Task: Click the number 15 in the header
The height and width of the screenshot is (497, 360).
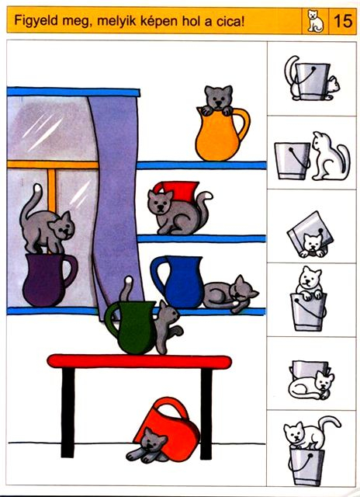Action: (343, 21)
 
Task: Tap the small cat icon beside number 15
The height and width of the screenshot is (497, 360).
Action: (315, 21)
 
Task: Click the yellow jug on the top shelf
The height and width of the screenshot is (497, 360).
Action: (220, 134)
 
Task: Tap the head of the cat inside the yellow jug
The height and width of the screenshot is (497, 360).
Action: (218, 96)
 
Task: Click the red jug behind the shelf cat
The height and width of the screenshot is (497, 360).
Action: (178, 191)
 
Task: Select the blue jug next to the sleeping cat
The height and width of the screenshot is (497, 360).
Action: (180, 281)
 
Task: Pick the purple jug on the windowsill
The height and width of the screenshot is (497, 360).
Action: (48, 280)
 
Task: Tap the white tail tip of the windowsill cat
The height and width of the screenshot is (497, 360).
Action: (38, 188)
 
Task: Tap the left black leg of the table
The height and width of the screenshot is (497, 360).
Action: (67, 412)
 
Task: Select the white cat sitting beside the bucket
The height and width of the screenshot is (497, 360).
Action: (330, 156)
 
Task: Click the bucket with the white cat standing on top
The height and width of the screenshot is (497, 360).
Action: (306, 466)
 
